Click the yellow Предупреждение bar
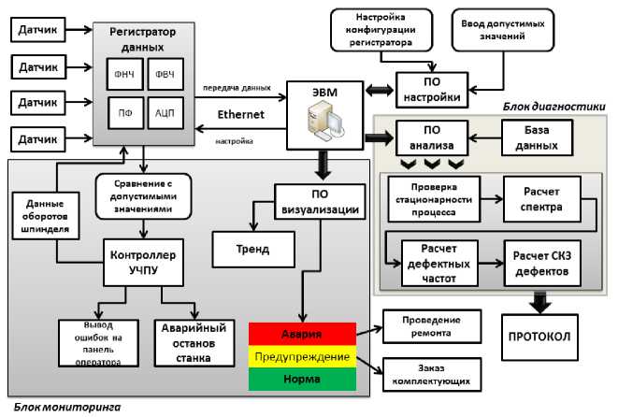tap(302, 357)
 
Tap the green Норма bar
tap(302, 380)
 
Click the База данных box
tap(537, 138)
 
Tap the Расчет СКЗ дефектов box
tap(542, 263)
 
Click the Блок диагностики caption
tap(554, 107)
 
